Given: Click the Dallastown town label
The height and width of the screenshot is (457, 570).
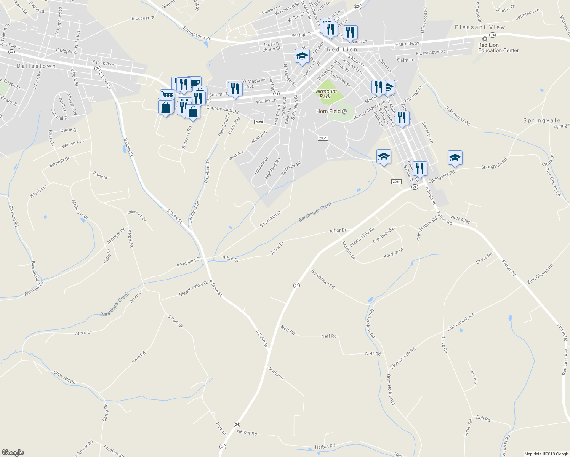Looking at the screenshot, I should (x=36, y=66).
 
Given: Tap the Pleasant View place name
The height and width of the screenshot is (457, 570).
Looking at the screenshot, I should (x=480, y=27).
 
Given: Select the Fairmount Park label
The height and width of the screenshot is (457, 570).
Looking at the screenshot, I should (x=325, y=94).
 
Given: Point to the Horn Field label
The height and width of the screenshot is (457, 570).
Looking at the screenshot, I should (x=328, y=111).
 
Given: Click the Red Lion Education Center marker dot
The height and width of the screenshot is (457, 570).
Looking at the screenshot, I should (x=485, y=39).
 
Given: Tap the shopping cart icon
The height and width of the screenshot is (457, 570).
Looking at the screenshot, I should (x=167, y=94).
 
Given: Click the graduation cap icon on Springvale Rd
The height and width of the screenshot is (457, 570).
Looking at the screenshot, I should (x=455, y=158).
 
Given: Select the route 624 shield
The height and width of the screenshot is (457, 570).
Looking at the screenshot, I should (x=357, y=6).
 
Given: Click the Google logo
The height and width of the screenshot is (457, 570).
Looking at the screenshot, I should (x=13, y=452).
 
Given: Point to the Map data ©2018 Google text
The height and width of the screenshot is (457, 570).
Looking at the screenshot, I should (x=546, y=454).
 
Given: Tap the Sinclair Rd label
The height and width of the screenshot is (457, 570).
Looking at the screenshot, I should (x=276, y=374).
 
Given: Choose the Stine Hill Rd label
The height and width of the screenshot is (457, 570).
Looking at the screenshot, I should (x=64, y=377).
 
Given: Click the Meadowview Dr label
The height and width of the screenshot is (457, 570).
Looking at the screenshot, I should (x=194, y=289).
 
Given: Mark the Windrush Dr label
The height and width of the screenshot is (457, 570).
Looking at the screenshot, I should (x=136, y=216).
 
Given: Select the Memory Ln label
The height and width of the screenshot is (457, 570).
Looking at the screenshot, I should (x=427, y=133).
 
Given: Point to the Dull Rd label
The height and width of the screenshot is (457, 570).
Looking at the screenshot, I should (x=483, y=419).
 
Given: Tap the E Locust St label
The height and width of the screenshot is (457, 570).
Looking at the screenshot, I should (x=143, y=18).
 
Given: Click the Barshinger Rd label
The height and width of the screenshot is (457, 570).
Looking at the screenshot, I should (x=323, y=279).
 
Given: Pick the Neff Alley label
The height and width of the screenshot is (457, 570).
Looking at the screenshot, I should (x=460, y=219).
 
